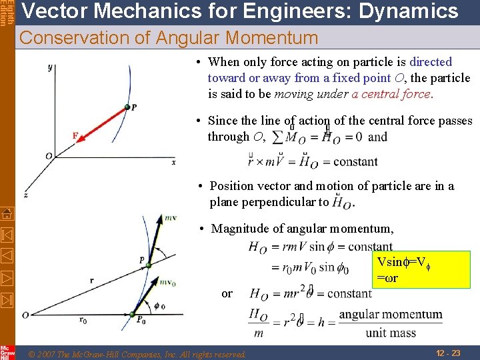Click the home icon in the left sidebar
(x=7, y=214)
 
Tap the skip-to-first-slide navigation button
(x=7, y=235)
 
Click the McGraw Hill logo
(x=7, y=353)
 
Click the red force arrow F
(x=100, y=123)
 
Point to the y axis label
(x=50, y=67)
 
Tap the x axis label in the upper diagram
(x=174, y=161)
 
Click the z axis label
(x=25, y=195)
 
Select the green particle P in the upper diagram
(x=127, y=107)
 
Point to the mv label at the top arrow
(x=171, y=217)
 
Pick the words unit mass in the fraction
(x=390, y=333)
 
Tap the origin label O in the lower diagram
(x=25, y=315)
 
